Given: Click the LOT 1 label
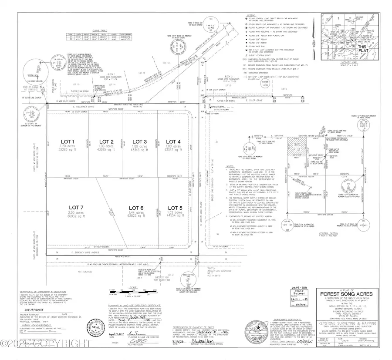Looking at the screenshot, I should click(68, 141).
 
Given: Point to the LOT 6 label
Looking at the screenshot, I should click(135, 208).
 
